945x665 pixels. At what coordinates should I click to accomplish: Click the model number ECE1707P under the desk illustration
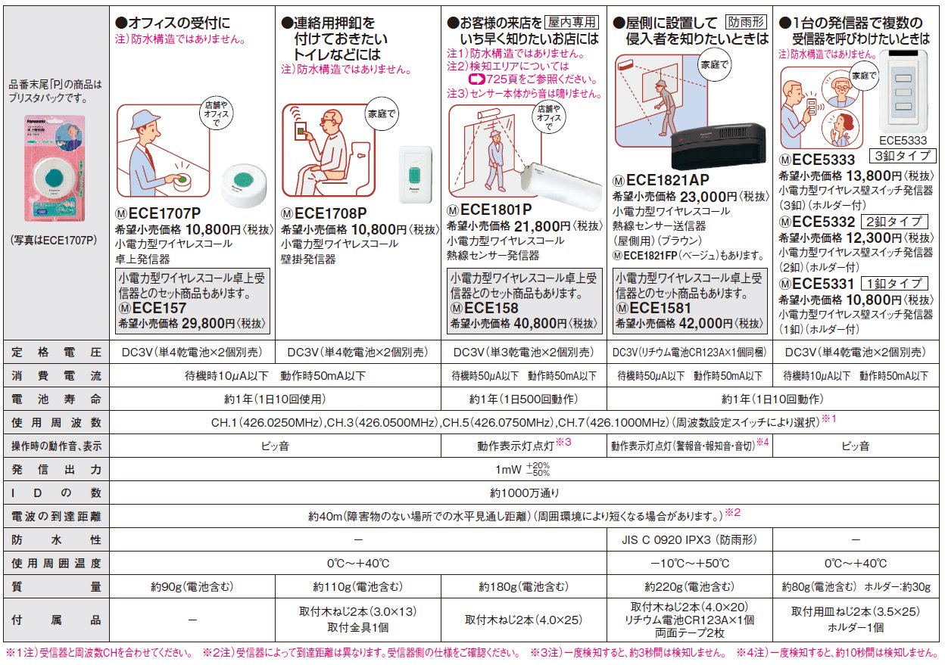164,213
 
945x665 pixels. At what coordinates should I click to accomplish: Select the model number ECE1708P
330,213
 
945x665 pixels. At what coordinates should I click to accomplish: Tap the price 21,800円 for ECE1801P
542,226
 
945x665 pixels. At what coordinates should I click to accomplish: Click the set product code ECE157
159,308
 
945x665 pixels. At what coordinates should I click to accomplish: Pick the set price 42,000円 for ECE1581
706,323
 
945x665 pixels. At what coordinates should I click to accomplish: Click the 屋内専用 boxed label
572,22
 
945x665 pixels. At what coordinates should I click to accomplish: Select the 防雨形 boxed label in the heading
747,22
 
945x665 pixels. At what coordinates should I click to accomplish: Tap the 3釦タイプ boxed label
903,156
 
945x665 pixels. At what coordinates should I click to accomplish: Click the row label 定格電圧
56,353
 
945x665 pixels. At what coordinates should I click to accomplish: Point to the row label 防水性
56,540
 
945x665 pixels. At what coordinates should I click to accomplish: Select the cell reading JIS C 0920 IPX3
689,540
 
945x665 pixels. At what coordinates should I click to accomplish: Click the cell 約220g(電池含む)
689,586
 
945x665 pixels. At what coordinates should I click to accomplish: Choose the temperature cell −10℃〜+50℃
689,564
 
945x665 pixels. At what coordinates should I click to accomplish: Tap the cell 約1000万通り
525,493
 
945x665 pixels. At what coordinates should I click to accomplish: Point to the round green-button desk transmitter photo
245,185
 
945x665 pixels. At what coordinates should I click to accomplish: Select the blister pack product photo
55,168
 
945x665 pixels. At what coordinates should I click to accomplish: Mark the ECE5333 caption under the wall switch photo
903,140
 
